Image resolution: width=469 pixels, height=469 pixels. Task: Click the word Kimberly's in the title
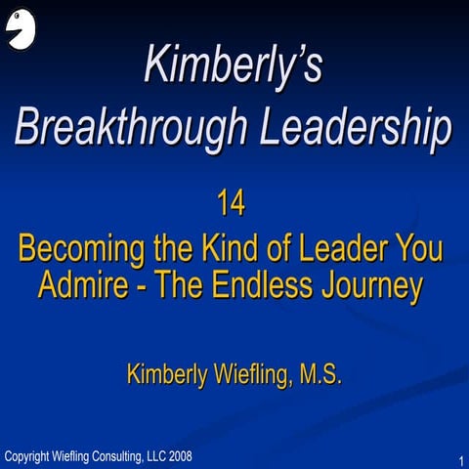tap(233, 65)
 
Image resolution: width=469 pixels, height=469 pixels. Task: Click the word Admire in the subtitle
tap(88, 286)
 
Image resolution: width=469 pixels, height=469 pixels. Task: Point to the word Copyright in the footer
tap(28, 455)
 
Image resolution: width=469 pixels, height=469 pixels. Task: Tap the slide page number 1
tap(459, 459)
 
